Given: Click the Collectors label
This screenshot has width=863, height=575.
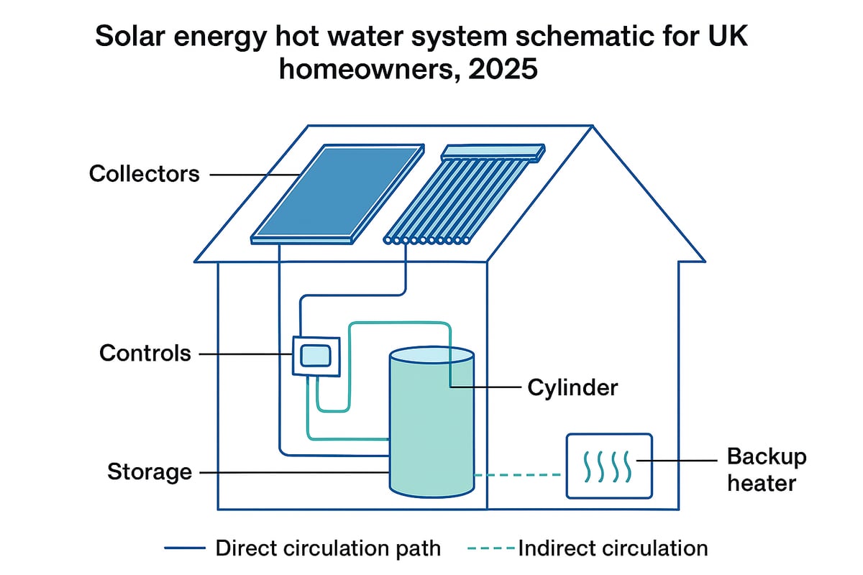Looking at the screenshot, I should [x=144, y=174].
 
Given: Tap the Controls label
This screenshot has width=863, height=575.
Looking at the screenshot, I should [x=145, y=353].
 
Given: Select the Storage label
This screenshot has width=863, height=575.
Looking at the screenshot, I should [x=150, y=472].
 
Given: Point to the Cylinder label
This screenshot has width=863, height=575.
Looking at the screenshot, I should [x=572, y=387].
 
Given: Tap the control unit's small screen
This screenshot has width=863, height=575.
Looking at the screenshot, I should [x=315, y=355].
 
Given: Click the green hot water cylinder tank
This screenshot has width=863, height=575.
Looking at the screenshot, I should [x=431, y=431].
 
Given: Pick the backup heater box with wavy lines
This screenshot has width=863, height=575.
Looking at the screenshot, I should [x=608, y=466].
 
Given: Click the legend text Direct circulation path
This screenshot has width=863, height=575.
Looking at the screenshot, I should [x=328, y=548].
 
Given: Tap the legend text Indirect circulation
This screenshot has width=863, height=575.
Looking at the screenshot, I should [x=613, y=548].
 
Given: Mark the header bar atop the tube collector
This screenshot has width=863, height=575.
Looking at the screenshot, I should [x=493, y=152].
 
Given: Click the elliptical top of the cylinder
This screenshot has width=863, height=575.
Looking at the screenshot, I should [x=431, y=356].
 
